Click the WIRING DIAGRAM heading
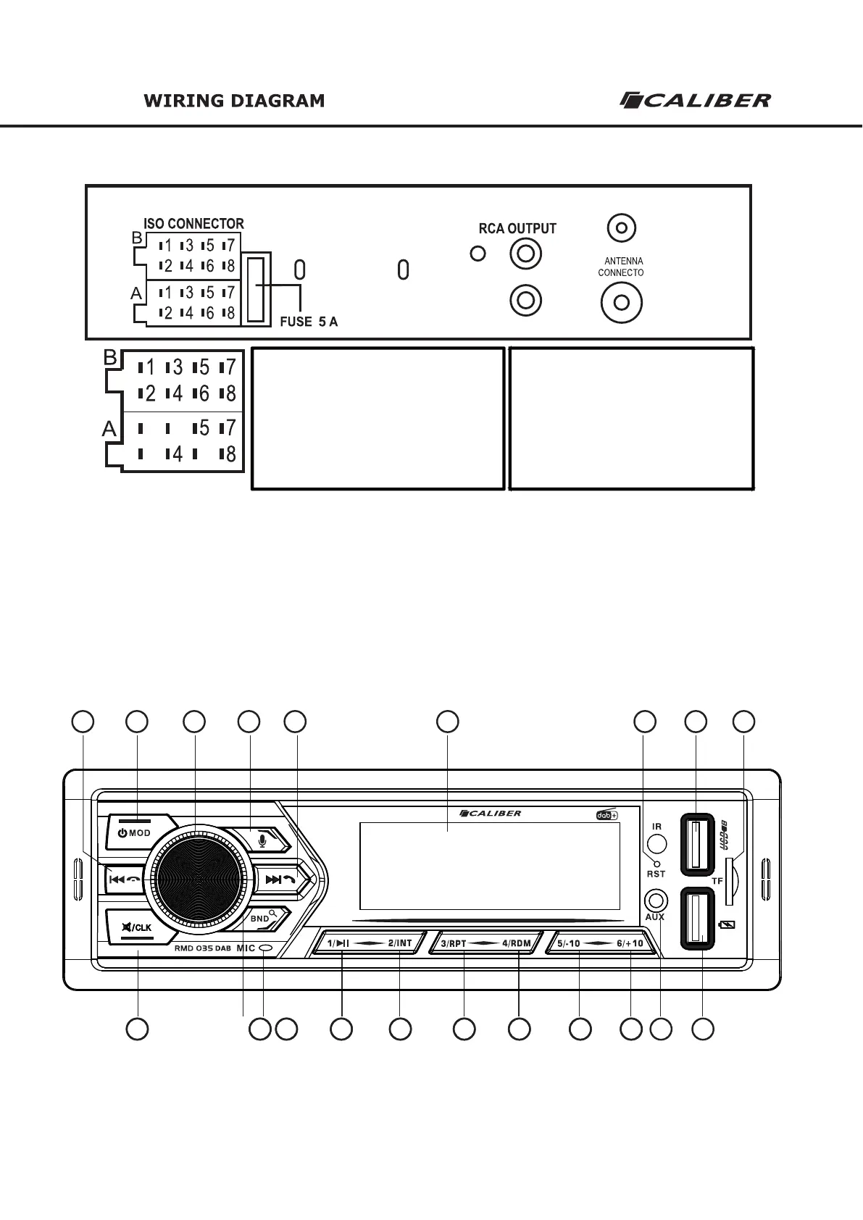click(x=234, y=101)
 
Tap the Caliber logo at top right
click(x=695, y=100)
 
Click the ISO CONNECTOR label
click(x=193, y=224)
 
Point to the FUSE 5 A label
click(x=309, y=322)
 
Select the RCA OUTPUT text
click(x=517, y=229)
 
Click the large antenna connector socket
click(x=621, y=303)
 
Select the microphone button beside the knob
click(x=264, y=840)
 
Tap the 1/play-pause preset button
click(x=339, y=943)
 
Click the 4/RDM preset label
click(x=517, y=943)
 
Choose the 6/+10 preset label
click(x=630, y=943)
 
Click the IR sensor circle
click(x=656, y=843)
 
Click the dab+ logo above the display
click(x=606, y=814)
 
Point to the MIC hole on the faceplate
click(x=266, y=948)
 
